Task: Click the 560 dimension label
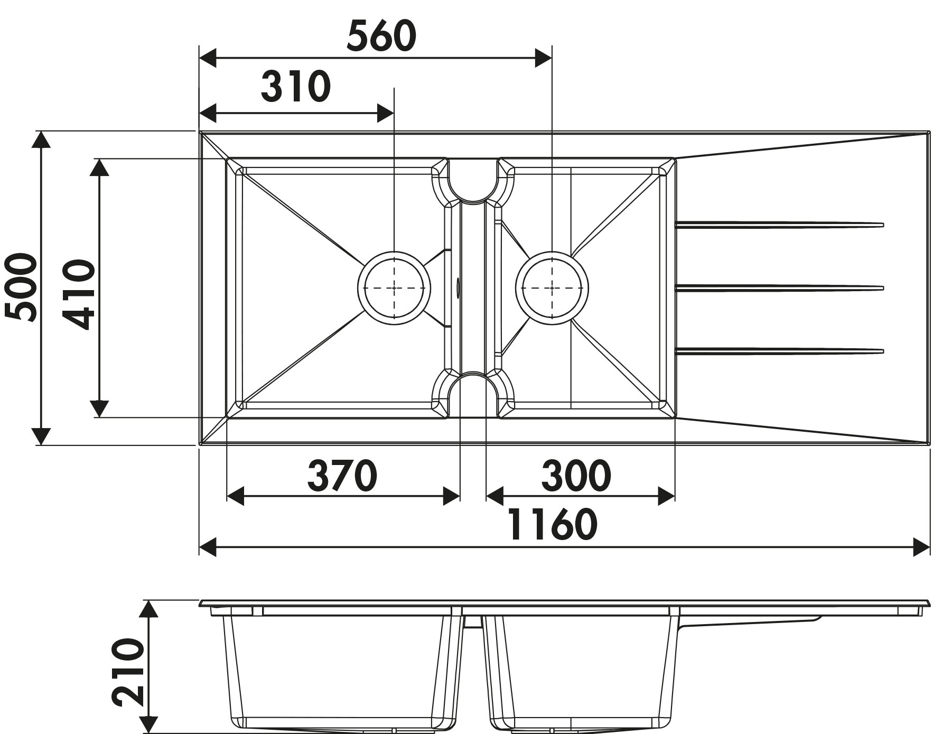point(381,36)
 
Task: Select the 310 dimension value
point(296,87)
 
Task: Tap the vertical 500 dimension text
point(21,287)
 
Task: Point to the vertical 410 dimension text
point(79,294)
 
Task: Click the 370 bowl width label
point(342,475)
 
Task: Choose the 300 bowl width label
point(576,475)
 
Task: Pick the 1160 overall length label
point(553,524)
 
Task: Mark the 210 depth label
point(128,672)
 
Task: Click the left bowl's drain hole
point(394,288)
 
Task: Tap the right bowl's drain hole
point(552,288)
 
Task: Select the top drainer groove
point(780,225)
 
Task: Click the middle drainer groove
point(780,288)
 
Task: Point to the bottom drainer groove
point(780,351)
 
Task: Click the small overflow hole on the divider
point(458,288)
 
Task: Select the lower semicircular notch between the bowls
point(473,395)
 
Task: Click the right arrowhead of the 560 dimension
point(544,58)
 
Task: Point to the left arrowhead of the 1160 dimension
point(208,546)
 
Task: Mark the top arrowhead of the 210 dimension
point(150,609)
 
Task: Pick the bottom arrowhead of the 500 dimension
point(41,436)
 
